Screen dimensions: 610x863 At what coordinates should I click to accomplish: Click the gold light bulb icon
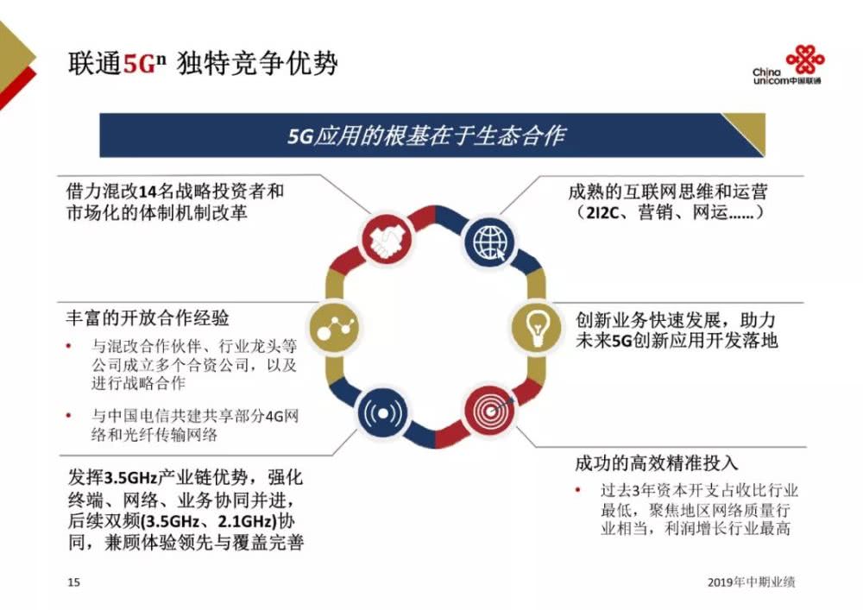[536, 325]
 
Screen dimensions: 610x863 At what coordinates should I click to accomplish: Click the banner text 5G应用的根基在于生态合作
[426, 136]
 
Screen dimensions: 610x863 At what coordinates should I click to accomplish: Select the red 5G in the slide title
[137, 66]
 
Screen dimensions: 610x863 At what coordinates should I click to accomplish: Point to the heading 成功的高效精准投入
[657, 462]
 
